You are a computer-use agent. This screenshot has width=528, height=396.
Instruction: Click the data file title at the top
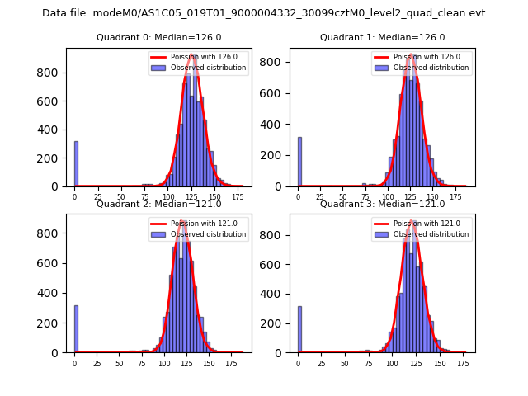(264, 13)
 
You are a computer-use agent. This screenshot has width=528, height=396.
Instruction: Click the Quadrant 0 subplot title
(158, 37)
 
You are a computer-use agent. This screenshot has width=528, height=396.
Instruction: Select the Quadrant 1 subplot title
(382, 37)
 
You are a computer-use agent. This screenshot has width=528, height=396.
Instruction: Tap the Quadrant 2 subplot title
(158, 204)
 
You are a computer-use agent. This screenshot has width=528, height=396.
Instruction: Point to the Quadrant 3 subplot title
(382, 204)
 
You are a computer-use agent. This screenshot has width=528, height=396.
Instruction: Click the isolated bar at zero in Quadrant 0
(76, 164)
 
